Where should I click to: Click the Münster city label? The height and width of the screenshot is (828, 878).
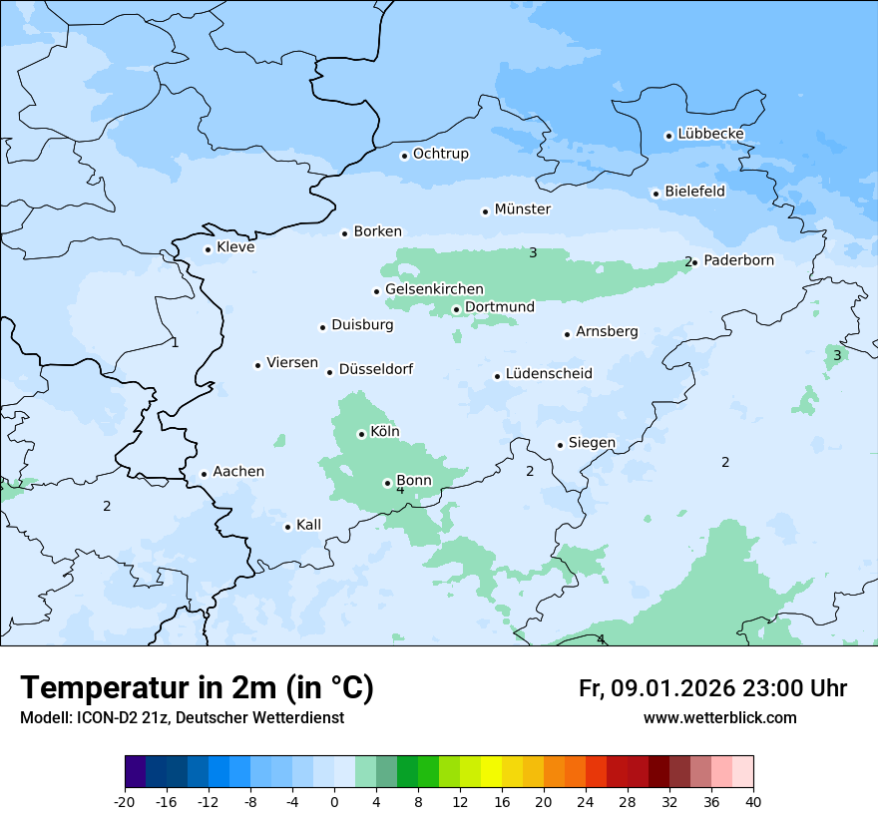point(523,209)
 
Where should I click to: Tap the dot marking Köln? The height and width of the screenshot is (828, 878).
point(361,434)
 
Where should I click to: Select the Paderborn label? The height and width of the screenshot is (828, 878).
point(738,260)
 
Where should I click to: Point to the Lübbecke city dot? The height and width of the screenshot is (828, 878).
point(668,136)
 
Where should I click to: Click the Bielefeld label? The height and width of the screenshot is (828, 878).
point(694,192)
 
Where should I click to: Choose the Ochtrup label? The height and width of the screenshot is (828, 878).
point(440,154)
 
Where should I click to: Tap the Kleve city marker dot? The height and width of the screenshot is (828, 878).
point(208,249)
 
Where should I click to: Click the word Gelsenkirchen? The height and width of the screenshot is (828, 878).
point(434,289)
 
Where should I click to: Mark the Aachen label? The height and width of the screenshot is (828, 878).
point(238,472)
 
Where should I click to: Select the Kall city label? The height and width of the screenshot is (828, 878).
point(308,525)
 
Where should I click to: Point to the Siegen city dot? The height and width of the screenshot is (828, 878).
point(560,445)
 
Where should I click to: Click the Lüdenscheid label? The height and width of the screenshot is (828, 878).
point(549,374)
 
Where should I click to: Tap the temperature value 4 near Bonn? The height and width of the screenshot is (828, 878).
point(400,490)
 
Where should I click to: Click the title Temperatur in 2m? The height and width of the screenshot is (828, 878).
point(197,688)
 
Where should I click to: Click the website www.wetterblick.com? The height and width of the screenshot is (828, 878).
point(719,718)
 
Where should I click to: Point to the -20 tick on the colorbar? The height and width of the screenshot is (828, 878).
point(125,802)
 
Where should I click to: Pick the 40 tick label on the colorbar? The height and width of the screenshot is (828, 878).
point(752,802)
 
